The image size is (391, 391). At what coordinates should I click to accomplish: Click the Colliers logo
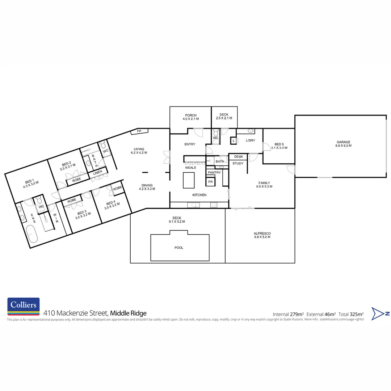point(24,307)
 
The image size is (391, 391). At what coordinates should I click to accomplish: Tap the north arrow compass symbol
point(381,314)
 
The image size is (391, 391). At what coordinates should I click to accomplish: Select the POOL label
point(179,248)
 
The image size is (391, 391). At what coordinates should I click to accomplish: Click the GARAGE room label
point(343,142)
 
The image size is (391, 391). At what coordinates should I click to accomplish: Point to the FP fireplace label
point(139,131)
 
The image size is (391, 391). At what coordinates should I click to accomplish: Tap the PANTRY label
point(214,173)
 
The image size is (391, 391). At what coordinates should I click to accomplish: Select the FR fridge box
point(210,182)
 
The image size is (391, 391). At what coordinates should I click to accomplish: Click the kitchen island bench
point(189,180)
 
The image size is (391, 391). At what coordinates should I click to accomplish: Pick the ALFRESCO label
point(262,234)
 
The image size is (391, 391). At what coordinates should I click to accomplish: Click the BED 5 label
point(278,144)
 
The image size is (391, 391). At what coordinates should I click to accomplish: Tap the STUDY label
point(238,163)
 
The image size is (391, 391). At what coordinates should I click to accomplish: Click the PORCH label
point(190,115)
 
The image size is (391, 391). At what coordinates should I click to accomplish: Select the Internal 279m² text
point(288,314)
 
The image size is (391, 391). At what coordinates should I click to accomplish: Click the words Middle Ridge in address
point(128,313)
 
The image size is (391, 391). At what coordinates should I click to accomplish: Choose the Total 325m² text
point(351,314)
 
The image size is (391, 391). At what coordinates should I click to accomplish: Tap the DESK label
point(238,157)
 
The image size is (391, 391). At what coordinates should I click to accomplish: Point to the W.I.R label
point(56,219)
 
